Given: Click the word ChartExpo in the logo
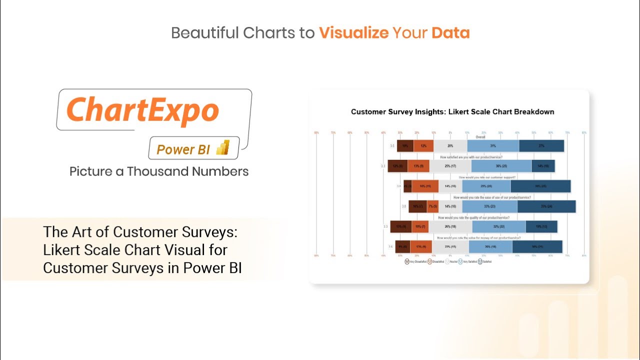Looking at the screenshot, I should pyautogui.click(x=142, y=110).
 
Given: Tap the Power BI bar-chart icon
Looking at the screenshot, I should pyautogui.click(x=222, y=148).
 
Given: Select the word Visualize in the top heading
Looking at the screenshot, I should pyautogui.click(x=353, y=33).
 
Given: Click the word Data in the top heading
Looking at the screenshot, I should pyautogui.click(x=450, y=33).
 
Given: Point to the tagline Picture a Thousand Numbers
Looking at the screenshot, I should pyautogui.click(x=159, y=171).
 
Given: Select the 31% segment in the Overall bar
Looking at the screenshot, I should pyautogui.click(x=493, y=146).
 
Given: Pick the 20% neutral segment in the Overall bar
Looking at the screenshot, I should pyautogui.click(x=450, y=146).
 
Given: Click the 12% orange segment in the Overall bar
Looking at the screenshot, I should pyautogui.click(x=423, y=146).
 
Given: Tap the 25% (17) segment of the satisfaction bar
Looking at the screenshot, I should pyautogui.click(x=450, y=166).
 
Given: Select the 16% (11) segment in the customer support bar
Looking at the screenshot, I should pyautogui.click(x=425, y=186).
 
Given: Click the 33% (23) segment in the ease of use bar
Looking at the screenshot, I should pyautogui.click(x=489, y=206).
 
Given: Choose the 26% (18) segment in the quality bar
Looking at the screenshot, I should pyautogui.click(x=450, y=226).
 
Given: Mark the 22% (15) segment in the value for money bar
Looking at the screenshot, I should pyautogui.click(x=450, y=246).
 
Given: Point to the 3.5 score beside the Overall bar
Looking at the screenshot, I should pyautogui.click(x=392, y=146).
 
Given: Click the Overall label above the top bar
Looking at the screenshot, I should pyautogui.click(x=480, y=137).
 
